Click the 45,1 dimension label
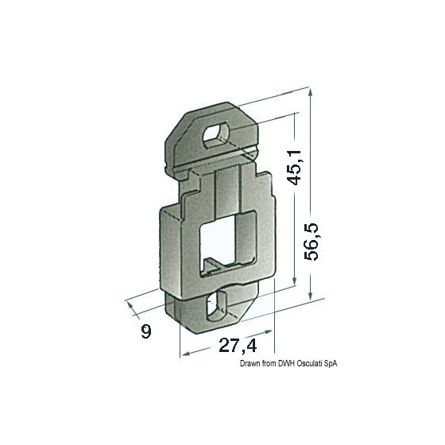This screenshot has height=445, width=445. pyautogui.click(x=294, y=168)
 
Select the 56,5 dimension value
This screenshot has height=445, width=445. pyautogui.click(x=311, y=242)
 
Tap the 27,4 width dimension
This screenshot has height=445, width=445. pyautogui.click(x=238, y=346)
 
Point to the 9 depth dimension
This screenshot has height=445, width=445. pyautogui.click(x=146, y=331)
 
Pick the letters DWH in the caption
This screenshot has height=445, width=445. pyautogui.click(x=287, y=364)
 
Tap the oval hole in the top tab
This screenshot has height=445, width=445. pyautogui.click(x=216, y=134)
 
